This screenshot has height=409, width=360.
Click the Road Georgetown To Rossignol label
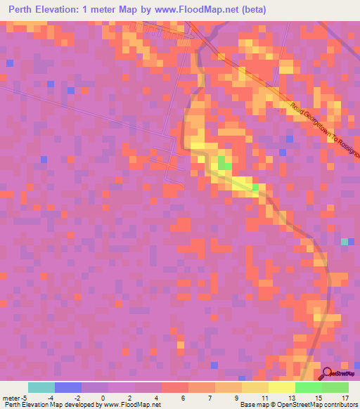tap(324, 127)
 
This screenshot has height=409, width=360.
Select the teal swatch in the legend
tap(41, 387)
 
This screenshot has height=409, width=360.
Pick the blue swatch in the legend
tap(67, 387)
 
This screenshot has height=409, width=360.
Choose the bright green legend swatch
tap(308, 387)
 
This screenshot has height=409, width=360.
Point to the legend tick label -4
tap(51, 398)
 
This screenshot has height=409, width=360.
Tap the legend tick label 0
tap(103, 398)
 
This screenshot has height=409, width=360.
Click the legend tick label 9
tap(237, 398)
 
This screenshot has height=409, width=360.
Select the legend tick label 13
tap(290, 398)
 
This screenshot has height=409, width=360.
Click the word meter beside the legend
tap(11, 398)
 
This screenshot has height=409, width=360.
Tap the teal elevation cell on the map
tap(345, 242)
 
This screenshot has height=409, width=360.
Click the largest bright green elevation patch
tap(224, 164)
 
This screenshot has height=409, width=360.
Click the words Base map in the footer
tap(251, 405)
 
